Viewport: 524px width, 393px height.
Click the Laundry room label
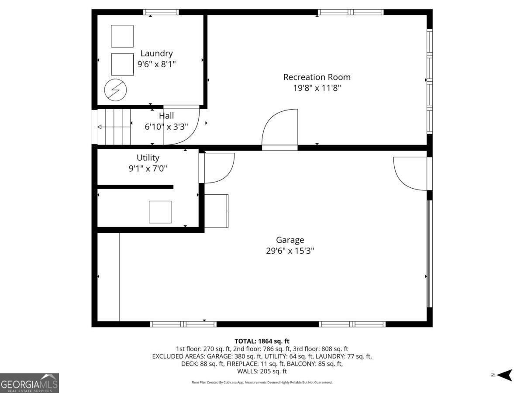156,53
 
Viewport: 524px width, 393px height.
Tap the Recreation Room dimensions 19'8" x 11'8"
317,88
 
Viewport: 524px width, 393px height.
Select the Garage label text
290,240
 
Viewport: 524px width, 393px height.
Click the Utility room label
148,158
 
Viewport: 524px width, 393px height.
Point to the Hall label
166,116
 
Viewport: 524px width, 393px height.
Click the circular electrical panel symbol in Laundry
115,90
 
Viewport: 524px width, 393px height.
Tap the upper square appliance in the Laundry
122,36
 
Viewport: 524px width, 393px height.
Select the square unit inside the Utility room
160,212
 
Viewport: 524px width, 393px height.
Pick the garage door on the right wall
429,253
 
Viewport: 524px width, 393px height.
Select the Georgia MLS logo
29,383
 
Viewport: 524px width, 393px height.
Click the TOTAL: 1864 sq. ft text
262,341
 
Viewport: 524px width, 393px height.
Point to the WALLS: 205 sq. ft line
262,371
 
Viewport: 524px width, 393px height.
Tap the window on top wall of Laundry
161,12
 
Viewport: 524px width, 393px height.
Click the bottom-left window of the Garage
183,324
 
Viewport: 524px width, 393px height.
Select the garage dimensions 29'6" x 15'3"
290,251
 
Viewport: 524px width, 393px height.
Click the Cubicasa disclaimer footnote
262,382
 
